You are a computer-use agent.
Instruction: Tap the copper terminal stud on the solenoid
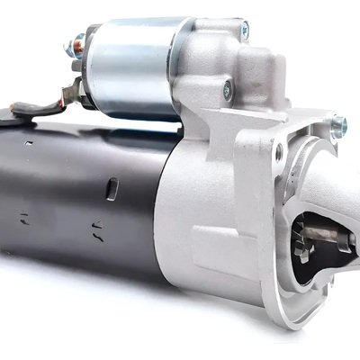click(x=79, y=41)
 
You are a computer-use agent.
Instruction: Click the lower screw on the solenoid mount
click(x=227, y=89)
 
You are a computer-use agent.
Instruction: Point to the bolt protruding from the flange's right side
click(x=338, y=125)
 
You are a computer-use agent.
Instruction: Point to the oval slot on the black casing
click(x=112, y=188)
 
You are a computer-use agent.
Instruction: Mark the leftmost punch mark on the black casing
click(x=25, y=217)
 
